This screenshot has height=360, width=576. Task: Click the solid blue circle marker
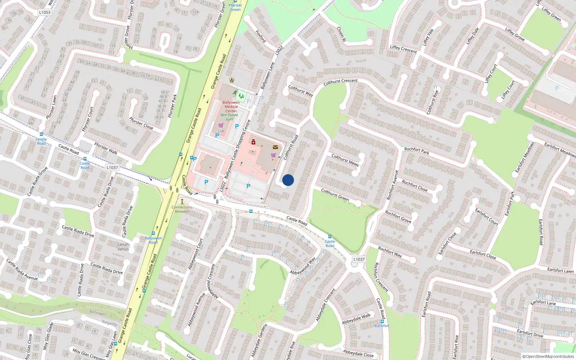(288, 180)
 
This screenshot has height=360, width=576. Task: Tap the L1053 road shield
(45, 12)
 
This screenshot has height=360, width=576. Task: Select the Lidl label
(221, 131)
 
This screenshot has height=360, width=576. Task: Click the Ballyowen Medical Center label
(231, 107)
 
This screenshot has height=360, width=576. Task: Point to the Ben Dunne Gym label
(230, 117)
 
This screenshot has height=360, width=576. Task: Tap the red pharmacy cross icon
(253, 142)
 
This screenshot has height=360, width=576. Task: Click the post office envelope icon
(275, 147)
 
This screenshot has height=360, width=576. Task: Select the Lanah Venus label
(123, 247)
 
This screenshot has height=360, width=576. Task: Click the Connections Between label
(182, 209)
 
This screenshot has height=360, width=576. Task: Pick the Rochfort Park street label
(417, 151)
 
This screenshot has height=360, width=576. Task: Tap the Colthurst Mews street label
(345, 160)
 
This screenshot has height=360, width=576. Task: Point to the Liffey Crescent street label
(403, 49)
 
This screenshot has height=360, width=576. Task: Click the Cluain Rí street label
(341, 34)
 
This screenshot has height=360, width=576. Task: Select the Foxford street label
(261, 36)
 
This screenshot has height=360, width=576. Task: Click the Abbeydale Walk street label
(356, 319)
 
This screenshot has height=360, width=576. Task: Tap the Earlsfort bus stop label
(382, 326)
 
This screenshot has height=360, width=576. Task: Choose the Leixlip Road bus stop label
(41, 141)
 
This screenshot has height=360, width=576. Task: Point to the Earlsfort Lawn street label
(560, 270)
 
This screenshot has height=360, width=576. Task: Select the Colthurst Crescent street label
(340, 82)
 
